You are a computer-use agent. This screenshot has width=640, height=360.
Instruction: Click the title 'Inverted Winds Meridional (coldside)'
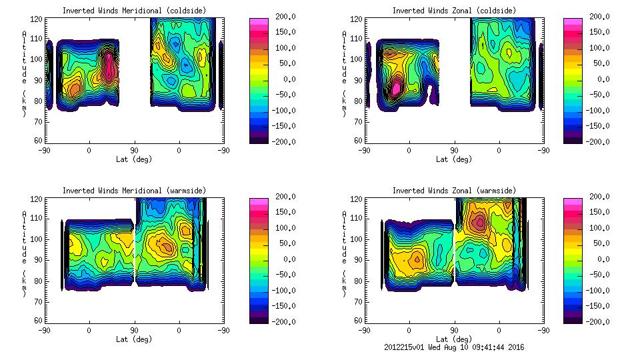pos(134,10)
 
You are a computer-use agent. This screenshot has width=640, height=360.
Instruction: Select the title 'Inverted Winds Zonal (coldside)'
pos(454,10)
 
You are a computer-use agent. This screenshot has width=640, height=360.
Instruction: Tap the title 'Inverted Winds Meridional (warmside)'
pos(134,190)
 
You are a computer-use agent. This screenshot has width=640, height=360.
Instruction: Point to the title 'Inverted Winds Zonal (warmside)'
pos(454,190)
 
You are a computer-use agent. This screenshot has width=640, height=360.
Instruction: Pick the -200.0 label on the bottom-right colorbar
pos(595,322)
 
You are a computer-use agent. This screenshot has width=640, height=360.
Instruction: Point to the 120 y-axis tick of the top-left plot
pos(37,21)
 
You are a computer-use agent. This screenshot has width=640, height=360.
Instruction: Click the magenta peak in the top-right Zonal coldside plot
pos(397,87)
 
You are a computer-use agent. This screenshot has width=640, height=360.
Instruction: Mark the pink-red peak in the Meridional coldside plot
pos(111,69)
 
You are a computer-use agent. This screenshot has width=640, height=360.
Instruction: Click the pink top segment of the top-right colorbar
pos(572,21)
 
